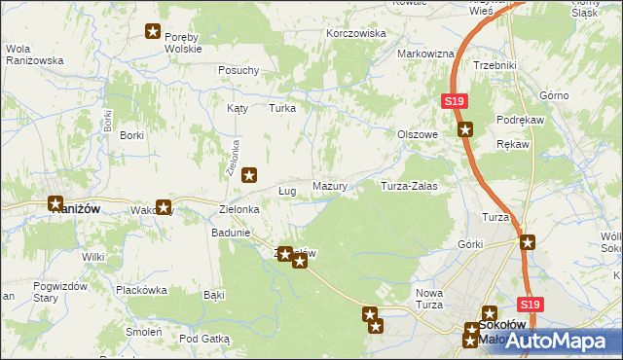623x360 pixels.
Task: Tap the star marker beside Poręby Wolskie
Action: tap(153, 32)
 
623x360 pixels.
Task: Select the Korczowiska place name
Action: tap(355, 33)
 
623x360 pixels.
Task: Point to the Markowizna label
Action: tap(425, 54)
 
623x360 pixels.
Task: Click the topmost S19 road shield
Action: tap(455, 101)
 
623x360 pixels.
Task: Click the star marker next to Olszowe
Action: tap(465, 129)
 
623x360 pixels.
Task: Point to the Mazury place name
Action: tap(330, 185)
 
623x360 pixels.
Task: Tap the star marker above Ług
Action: tap(249, 176)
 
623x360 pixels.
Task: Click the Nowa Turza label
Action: tap(429, 300)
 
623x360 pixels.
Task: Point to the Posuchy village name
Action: tap(238, 70)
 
